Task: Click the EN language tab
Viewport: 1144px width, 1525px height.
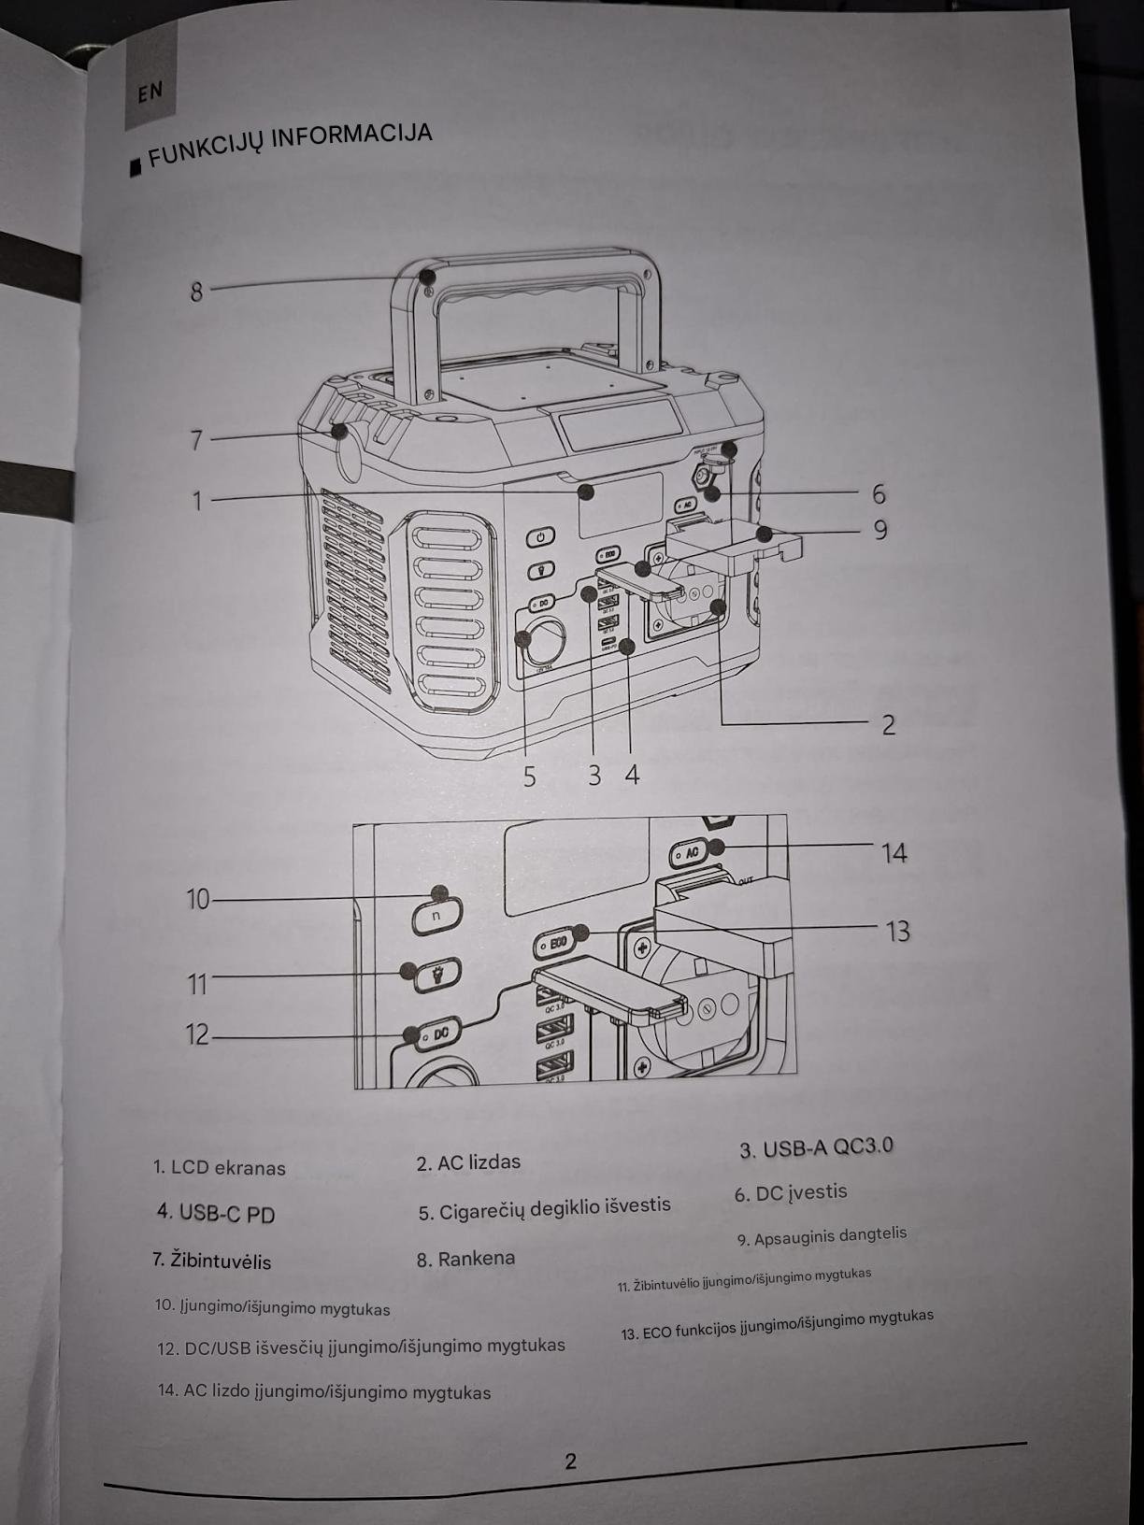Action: tap(150, 93)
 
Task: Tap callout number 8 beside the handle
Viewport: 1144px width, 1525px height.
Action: tap(196, 291)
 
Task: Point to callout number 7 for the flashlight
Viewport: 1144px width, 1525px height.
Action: tap(196, 438)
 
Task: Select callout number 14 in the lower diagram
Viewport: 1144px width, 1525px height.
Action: tap(894, 852)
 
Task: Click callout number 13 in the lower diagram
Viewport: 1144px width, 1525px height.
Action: tap(897, 931)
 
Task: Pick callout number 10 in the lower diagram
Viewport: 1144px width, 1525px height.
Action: tap(198, 899)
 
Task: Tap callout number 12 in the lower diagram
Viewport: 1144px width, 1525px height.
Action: tap(198, 1034)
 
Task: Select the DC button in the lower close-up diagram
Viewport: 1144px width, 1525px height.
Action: tap(440, 1033)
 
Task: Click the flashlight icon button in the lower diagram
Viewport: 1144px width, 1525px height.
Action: tap(436, 976)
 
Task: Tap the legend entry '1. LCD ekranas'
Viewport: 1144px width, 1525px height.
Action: tap(220, 1167)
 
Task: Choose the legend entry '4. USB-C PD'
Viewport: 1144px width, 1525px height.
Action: tap(216, 1213)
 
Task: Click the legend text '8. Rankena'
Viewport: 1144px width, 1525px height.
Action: tap(465, 1259)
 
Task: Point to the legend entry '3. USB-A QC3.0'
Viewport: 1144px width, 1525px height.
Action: tap(816, 1147)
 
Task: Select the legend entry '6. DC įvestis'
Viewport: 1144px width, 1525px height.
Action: tap(791, 1193)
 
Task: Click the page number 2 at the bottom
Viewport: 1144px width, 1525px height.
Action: tap(570, 1461)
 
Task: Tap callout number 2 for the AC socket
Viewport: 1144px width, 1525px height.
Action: tap(889, 724)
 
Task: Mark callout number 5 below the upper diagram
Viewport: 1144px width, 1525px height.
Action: tap(529, 777)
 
